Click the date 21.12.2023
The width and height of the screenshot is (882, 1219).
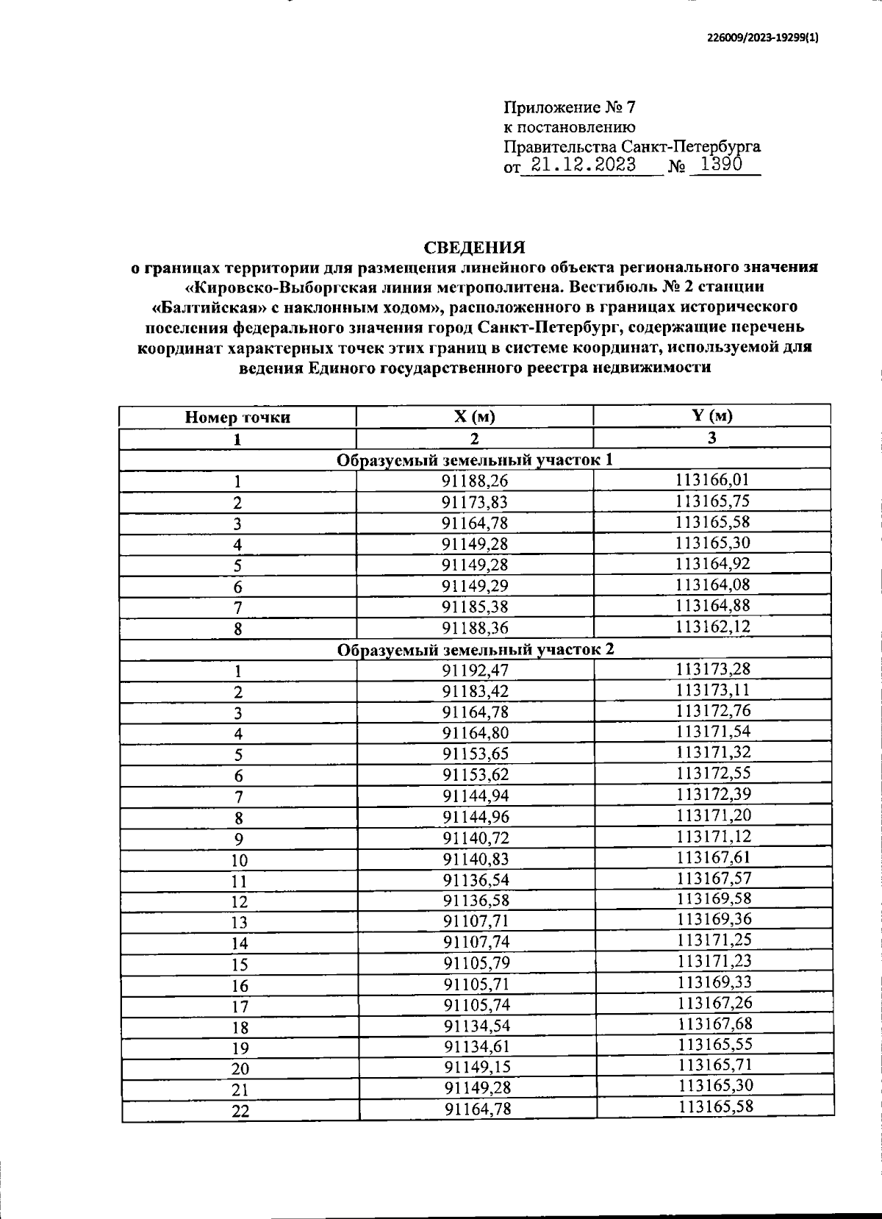[583, 165]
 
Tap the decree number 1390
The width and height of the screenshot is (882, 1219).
[720, 165]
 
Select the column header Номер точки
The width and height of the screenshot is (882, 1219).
[237, 418]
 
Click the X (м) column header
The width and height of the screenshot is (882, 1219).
[475, 417]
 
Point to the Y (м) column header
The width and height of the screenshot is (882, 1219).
[711, 415]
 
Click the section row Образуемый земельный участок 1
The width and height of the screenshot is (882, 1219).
[475, 460]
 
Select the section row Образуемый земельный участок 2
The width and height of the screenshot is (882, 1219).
[475, 649]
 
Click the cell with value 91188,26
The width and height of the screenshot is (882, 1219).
[475, 481]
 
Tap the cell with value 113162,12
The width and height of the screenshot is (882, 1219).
[712, 626]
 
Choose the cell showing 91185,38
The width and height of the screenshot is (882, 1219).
[475, 607]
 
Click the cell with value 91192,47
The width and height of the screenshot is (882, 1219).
[475, 670]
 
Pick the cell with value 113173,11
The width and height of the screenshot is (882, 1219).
[712, 690]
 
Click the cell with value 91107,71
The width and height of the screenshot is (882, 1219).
[475, 920]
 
